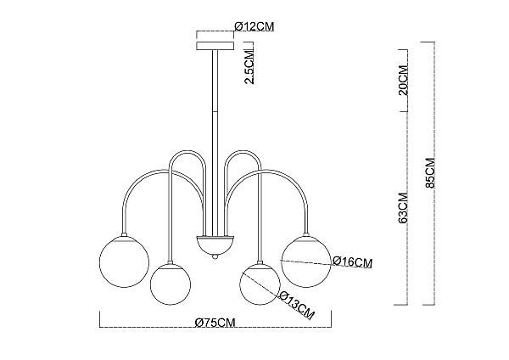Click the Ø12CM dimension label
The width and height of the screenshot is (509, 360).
(255, 26)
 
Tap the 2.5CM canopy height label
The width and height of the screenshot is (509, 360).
(249, 66)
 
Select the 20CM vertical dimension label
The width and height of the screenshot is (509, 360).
(403, 80)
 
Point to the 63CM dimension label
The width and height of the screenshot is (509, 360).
(403, 208)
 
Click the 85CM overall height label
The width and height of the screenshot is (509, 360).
(430, 173)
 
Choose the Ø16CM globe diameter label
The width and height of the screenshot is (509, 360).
(353, 262)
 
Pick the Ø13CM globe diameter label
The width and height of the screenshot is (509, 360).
(297, 305)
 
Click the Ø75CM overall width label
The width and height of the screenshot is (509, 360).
(215, 323)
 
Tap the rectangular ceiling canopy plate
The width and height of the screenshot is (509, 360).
(215, 46)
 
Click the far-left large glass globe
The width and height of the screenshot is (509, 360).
(124, 262)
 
